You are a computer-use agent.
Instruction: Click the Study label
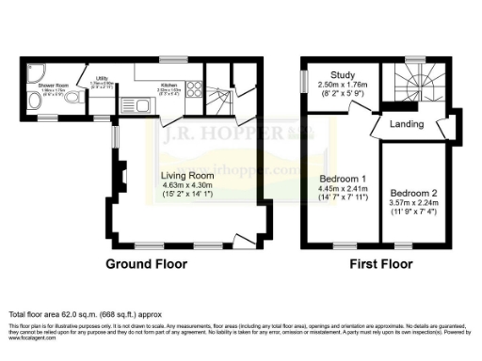click(x=342, y=73)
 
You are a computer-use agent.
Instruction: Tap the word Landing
click(x=406, y=124)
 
